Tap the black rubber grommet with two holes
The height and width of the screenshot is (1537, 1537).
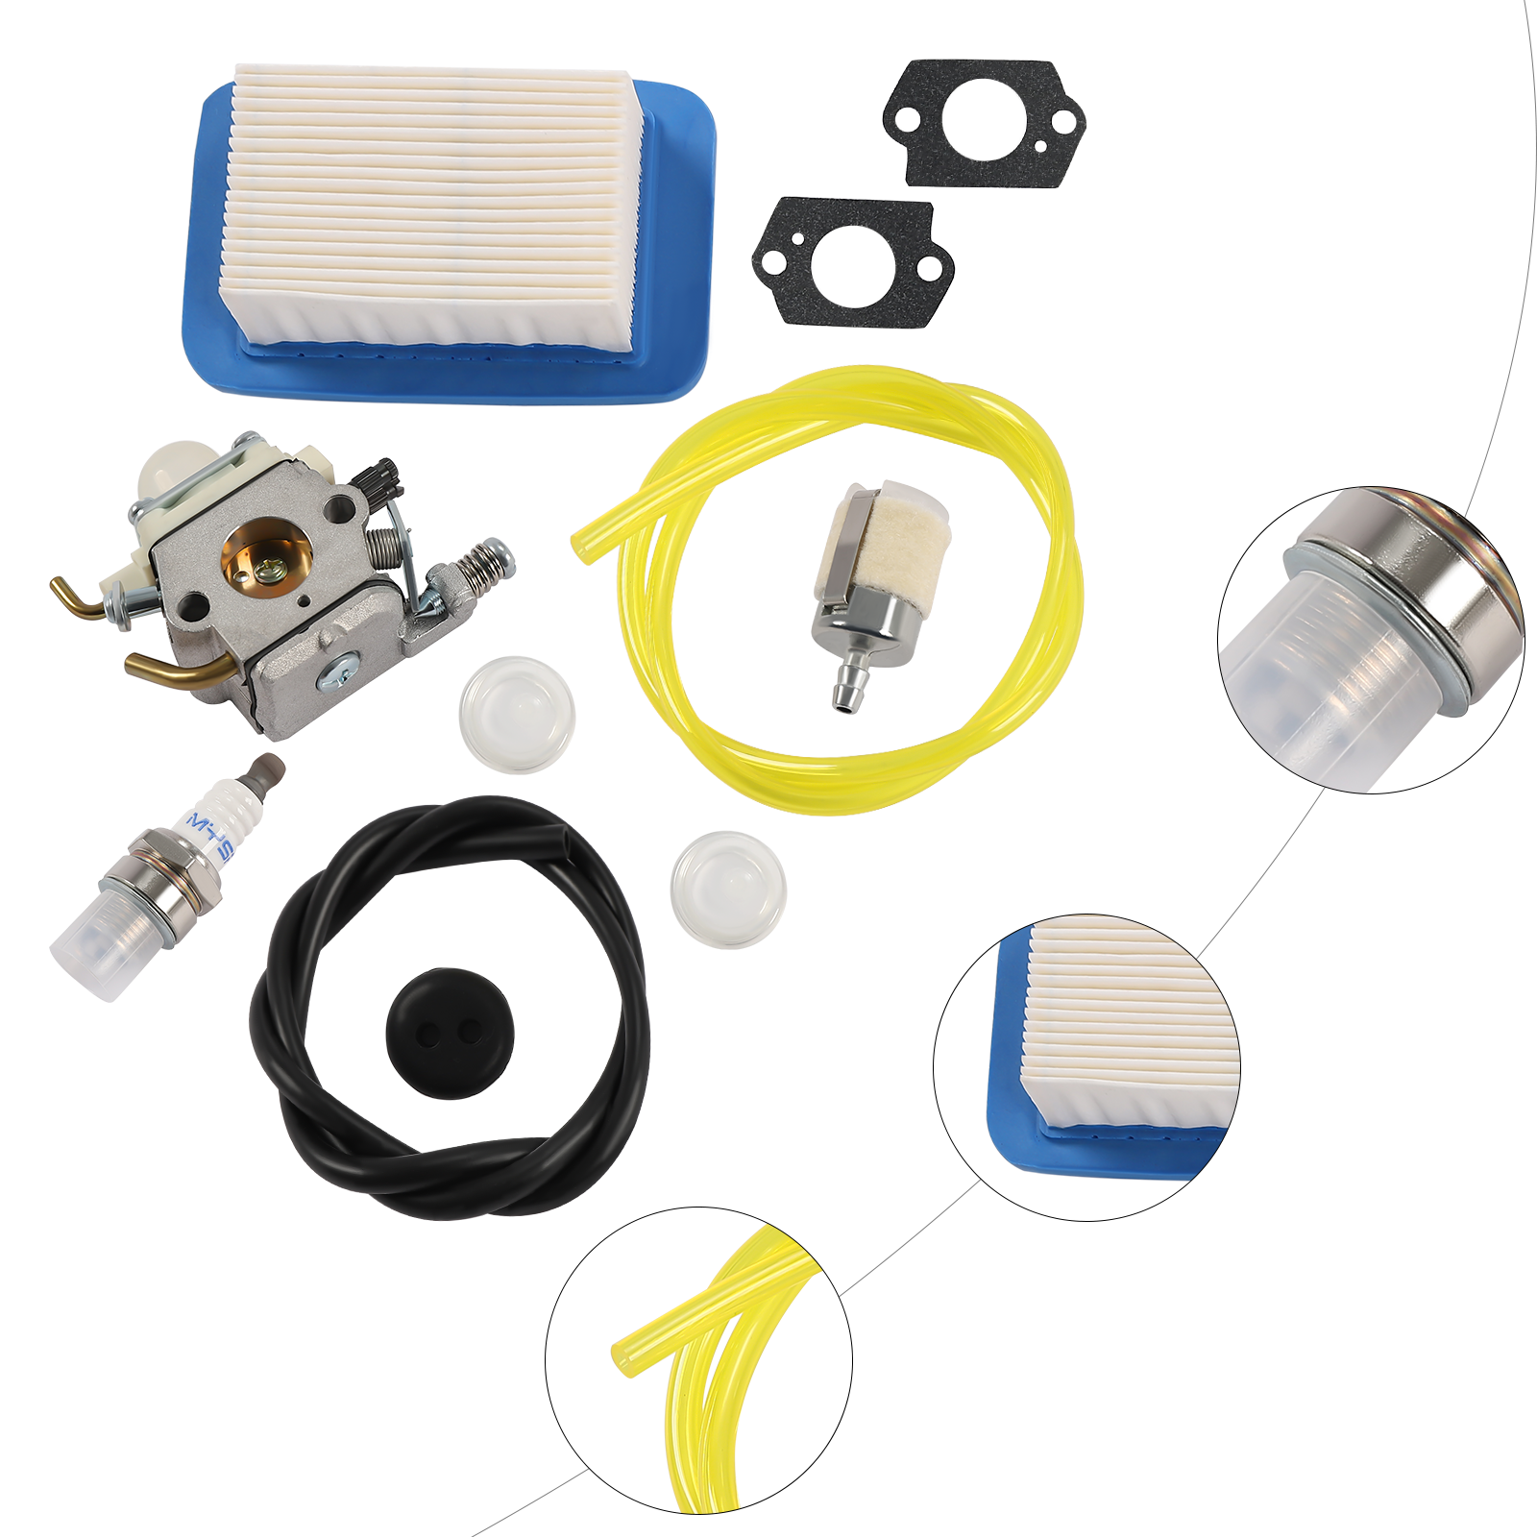tap(450, 1033)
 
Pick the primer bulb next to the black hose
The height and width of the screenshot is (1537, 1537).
tap(728, 889)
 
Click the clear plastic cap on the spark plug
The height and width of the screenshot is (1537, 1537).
tap(96, 946)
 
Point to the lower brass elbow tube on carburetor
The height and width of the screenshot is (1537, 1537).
tap(173, 668)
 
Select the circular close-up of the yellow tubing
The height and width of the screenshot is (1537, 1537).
tap(698, 1359)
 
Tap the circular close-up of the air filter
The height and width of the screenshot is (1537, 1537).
tap(1086, 1066)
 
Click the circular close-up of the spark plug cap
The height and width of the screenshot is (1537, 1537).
tap(1370, 639)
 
